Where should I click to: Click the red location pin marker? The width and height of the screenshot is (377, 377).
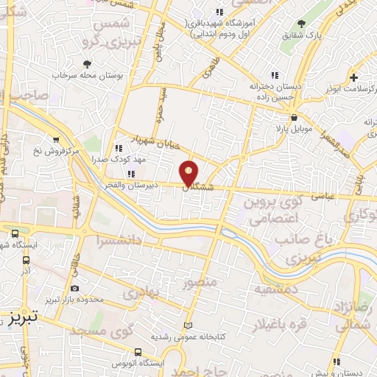pyautogui.click(x=189, y=172)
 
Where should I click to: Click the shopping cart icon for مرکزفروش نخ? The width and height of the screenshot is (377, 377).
pyautogui.click(x=56, y=138)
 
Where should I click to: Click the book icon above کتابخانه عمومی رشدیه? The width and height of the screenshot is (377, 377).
pyautogui.click(x=187, y=324)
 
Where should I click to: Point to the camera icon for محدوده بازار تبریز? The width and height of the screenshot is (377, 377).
pyautogui.click(x=74, y=289)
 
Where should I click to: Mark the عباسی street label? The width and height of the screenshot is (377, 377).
pyautogui.click(x=323, y=195)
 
